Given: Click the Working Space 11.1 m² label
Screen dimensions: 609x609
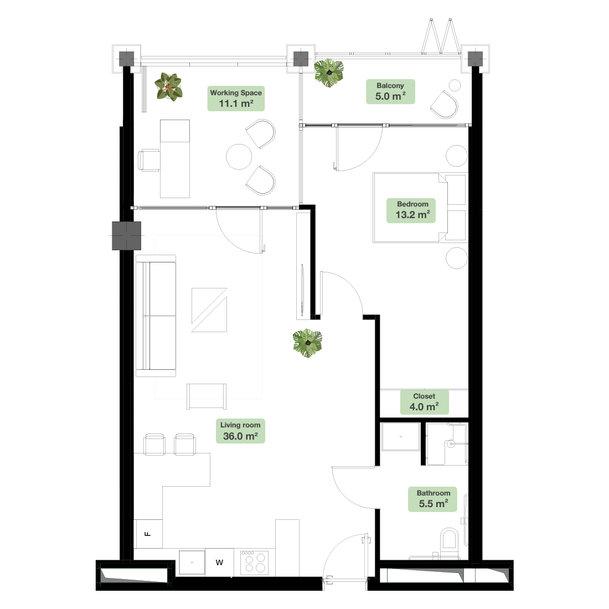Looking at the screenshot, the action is tap(236, 99).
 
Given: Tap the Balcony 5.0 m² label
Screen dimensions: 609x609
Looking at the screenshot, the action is tap(390, 92).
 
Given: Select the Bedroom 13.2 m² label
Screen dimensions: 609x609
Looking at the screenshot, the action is tap(411, 210).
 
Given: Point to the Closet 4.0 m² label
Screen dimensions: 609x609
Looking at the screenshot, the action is tap(425, 402).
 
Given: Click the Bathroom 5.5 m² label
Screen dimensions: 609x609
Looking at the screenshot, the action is tap(432, 499).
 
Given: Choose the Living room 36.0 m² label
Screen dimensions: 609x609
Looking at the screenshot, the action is tap(240, 431).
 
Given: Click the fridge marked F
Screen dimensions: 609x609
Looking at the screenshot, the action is tap(148, 534).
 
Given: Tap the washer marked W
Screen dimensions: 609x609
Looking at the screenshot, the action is tap(219, 562).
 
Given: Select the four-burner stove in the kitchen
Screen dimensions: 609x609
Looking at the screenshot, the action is tap(255, 562).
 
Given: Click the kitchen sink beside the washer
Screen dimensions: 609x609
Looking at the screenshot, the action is tap(192, 562).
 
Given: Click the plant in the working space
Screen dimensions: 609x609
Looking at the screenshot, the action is tap(168, 87).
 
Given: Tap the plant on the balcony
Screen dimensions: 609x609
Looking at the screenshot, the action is tap(329, 73).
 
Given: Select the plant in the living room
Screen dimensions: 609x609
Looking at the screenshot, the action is tap(308, 343).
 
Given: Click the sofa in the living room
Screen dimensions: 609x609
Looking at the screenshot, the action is tap(156, 316).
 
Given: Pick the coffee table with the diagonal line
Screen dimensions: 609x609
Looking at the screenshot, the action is tap(209, 310).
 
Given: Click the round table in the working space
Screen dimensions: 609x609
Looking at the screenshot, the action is tap(239, 157).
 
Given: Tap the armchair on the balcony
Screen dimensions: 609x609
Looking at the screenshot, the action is tap(445, 105).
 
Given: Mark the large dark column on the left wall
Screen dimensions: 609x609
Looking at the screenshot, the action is tap(127, 236).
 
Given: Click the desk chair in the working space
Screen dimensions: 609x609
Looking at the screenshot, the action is tap(149, 160).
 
